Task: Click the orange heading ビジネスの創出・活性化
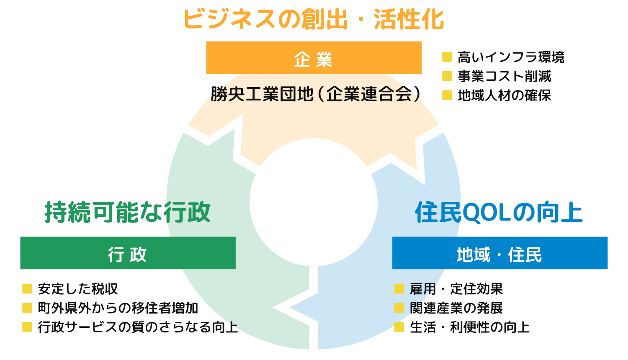click(x=314, y=19)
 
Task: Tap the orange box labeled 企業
click(x=314, y=58)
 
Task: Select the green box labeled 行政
click(x=128, y=253)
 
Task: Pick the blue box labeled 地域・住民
click(x=499, y=253)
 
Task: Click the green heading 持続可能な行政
click(x=128, y=212)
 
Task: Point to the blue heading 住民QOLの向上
click(x=499, y=212)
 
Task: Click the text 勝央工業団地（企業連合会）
click(x=315, y=94)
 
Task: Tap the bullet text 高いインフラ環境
click(x=511, y=57)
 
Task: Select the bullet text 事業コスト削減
click(x=504, y=76)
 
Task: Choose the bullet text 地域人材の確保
click(x=504, y=95)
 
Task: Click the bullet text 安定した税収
click(x=78, y=289)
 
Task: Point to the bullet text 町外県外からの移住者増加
click(x=118, y=308)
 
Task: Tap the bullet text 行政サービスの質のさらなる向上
click(x=138, y=327)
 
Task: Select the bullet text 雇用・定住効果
click(x=456, y=289)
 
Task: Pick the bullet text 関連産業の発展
click(x=456, y=308)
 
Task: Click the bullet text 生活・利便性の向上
click(x=470, y=327)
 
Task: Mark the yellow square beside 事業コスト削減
click(x=447, y=76)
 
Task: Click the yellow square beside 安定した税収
click(x=27, y=289)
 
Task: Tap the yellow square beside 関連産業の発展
click(x=399, y=308)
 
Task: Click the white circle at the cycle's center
click(x=314, y=202)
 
